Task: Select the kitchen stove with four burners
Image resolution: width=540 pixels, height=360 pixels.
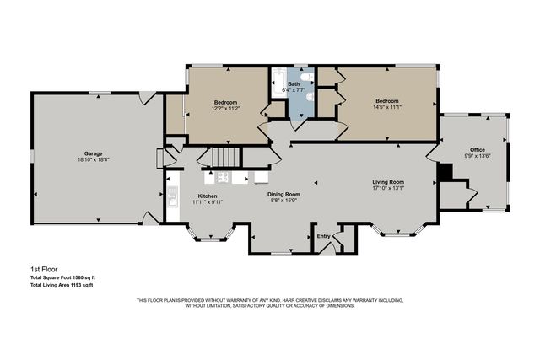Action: point(224,177)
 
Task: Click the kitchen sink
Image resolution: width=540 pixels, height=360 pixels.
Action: point(173,200)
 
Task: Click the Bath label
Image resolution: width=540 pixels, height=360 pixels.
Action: point(293,84)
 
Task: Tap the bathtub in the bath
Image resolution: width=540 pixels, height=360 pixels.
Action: point(278,85)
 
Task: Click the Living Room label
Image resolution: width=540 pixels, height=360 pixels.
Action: point(388,182)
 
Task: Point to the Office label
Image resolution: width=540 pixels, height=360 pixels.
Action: point(478,149)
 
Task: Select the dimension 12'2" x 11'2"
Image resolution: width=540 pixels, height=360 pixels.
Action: point(226,107)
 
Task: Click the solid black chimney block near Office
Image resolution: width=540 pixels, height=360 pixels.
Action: point(446,171)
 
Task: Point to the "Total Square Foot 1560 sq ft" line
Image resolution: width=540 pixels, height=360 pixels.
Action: point(63,277)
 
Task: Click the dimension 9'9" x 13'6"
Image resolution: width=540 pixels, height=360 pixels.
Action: point(478,156)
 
